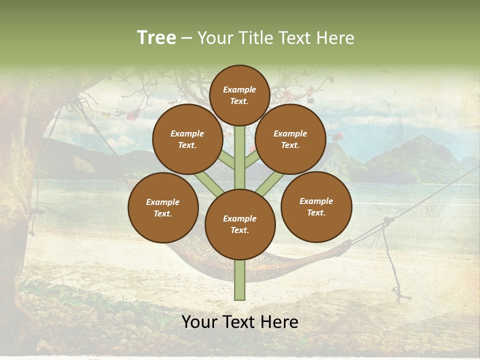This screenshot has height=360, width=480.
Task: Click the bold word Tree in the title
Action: pos(156,37)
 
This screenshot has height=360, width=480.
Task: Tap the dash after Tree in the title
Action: pos(187,38)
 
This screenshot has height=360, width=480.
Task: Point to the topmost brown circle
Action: pos(239,95)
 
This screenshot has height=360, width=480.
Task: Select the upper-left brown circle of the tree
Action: pos(187,139)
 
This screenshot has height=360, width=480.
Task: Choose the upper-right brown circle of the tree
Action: pos(290,139)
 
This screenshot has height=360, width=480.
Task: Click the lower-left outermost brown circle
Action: pos(163,207)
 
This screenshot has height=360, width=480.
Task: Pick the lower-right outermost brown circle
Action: pos(316,206)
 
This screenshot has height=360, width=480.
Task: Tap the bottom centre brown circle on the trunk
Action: pos(240,224)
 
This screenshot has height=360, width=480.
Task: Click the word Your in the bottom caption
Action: pos(200,322)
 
